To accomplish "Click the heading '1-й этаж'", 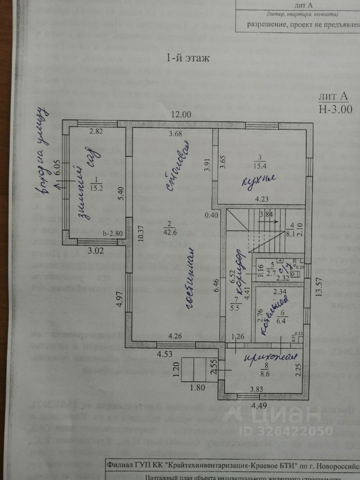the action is (187, 57).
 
